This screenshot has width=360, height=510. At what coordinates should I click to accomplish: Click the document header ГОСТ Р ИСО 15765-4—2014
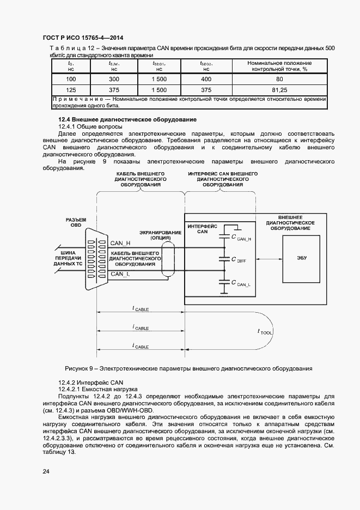point(82,38)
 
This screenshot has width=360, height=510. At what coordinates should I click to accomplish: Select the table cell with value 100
point(71,79)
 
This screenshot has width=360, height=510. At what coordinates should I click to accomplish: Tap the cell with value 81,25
point(279,89)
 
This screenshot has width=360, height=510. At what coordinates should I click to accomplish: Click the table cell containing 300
point(114,79)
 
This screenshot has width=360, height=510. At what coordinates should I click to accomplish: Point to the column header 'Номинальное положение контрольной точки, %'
point(279,66)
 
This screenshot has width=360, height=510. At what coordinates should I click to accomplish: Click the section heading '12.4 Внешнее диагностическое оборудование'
point(127,119)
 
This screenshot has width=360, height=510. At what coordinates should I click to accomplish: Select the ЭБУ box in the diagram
point(302,257)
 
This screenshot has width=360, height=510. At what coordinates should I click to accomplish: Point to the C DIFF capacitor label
point(239,260)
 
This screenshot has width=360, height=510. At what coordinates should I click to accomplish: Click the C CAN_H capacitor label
point(241,238)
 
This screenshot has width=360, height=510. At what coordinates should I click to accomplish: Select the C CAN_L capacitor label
point(241,283)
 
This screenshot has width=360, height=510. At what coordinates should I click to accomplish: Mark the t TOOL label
point(265,331)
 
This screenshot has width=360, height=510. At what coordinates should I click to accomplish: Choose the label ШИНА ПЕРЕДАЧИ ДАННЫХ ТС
point(66,258)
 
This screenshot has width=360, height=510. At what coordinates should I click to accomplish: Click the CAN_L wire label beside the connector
point(120,274)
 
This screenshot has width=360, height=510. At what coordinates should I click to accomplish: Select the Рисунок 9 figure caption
point(188,368)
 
